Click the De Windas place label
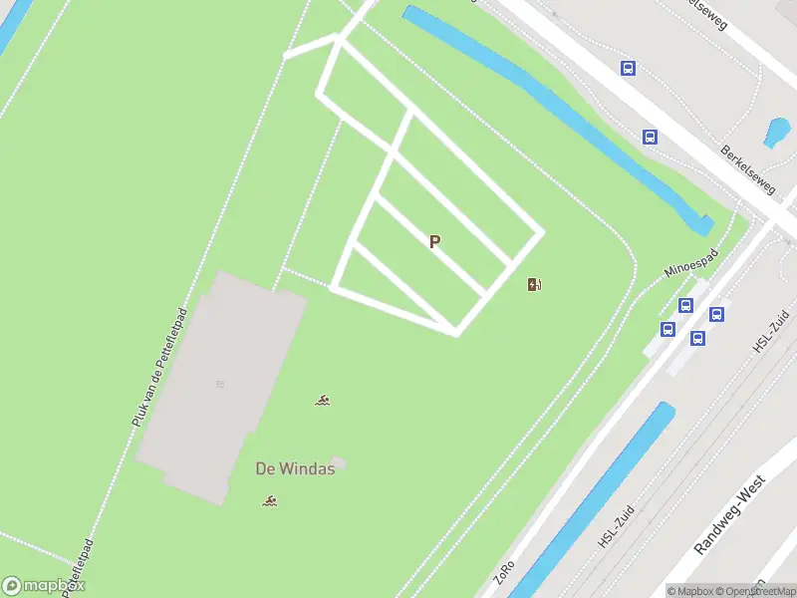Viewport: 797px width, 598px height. (x=295, y=469)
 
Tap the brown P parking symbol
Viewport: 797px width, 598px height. (x=434, y=242)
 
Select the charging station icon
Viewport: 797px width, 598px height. (x=535, y=285)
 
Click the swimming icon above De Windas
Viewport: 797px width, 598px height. (x=322, y=401)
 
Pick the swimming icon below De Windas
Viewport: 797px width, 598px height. (x=269, y=500)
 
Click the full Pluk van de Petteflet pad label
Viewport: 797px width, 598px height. (x=159, y=368)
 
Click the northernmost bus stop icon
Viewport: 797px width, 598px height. (x=628, y=68)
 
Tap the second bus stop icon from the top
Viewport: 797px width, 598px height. (x=650, y=138)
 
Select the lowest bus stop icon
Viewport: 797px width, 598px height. (x=698, y=338)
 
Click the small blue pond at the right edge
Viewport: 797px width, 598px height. (x=776, y=132)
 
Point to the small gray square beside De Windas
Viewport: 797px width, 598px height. (x=338, y=462)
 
